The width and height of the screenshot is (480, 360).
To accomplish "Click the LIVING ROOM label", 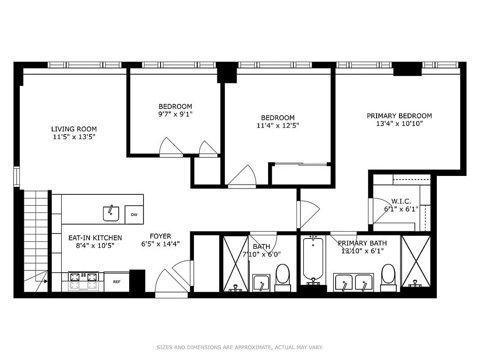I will click(x=74, y=129).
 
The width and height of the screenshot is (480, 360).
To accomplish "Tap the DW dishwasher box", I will click(x=134, y=215).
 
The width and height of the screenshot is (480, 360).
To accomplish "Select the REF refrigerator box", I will click(x=117, y=282).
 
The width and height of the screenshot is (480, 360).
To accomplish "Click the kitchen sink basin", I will click(x=111, y=213).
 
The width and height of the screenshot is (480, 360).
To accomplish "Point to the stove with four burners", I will click(x=83, y=281).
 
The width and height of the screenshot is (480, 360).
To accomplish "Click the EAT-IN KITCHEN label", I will click(x=95, y=238).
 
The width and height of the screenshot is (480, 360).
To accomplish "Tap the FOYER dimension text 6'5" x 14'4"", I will click(x=161, y=244).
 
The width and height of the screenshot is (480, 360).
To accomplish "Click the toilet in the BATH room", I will click(x=283, y=275).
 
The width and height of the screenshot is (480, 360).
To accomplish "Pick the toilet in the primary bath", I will click(x=388, y=275).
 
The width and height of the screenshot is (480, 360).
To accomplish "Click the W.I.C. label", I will click(x=401, y=202).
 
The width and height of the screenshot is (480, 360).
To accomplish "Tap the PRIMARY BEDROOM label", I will click(x=399, y=116).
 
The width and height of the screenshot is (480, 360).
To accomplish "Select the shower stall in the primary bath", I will click(x=416, y=261).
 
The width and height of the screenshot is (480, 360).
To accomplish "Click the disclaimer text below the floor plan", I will click(x=240, y=347).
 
